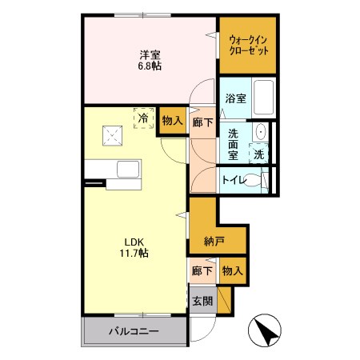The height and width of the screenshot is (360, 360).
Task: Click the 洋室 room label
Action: (150, 55)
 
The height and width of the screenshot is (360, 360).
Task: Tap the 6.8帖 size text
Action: (150, 66)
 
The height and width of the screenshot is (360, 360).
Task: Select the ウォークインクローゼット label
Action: (248, 46)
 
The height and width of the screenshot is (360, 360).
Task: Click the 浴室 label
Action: (235, 98)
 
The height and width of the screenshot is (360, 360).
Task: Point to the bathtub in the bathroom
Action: (263, 98)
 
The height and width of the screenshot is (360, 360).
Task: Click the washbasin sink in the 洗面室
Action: (261, 132)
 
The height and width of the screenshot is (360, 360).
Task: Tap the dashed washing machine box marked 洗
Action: (258, 154)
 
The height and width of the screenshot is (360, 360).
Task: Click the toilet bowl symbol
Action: (254, 180)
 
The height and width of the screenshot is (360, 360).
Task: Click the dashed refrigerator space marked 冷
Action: (143, 118)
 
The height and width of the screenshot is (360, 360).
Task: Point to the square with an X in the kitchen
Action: (112, 136)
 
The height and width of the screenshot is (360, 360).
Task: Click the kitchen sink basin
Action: (128, 170)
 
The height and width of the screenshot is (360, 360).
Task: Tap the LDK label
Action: (134, 242)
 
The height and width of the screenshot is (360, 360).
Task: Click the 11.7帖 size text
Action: (134, 253)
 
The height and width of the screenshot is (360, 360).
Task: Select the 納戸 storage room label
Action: (214, 242)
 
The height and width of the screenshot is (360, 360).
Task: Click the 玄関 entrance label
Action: (202, 302)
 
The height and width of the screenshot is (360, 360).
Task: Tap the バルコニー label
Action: (134, 331)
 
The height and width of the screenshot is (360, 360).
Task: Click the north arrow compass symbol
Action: (265, 330)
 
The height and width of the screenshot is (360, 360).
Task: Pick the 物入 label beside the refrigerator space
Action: (173, 121)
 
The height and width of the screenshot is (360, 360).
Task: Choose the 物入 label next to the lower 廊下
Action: (233, 271)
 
